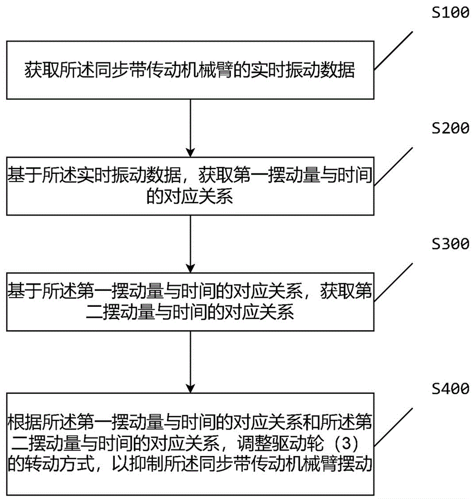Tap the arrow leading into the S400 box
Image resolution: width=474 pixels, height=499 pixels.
190,362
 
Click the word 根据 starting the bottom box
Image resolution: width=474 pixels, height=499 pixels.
21,420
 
